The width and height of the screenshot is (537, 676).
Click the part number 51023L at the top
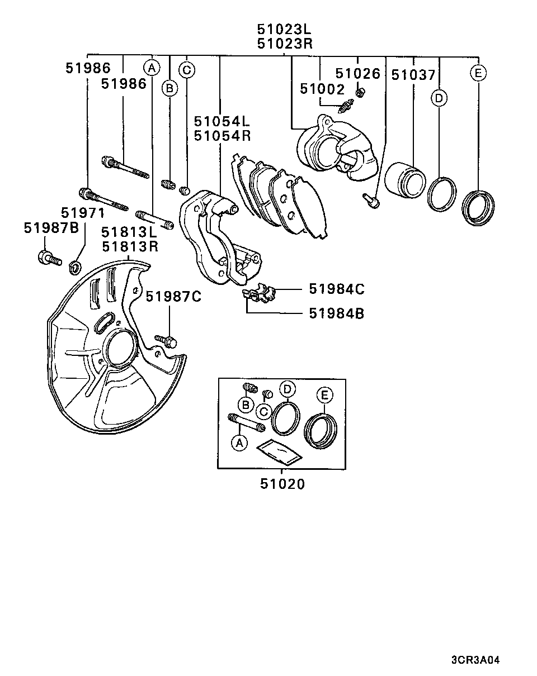284,28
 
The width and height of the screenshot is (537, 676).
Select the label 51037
413,75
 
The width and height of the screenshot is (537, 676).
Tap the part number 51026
357,73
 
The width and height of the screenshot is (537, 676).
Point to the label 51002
322,88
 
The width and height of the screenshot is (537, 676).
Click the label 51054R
222,136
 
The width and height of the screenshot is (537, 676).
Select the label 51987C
173,297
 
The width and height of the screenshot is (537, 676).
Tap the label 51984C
337,289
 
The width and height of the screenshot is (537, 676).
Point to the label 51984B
337,313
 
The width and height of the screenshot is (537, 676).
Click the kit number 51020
282,484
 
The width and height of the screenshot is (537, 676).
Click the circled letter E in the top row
478,73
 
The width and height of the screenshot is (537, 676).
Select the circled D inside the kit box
287,389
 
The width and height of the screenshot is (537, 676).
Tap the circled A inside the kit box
239,443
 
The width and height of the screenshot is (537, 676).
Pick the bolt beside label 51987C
166,339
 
